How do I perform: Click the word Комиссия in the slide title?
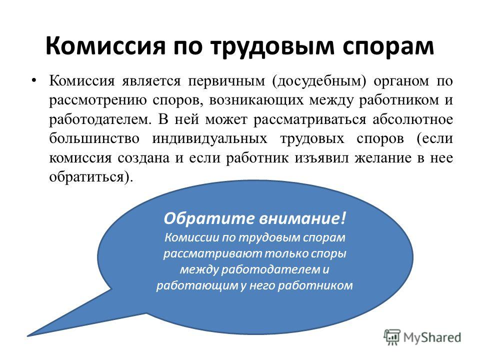pos(105,46)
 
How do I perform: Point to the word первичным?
pos(226,81)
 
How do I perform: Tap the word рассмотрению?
pos(98,101)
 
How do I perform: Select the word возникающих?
pos(256,101)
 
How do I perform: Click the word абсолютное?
pos(412,119)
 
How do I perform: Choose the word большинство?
pos(94,138)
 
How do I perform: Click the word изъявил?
pos(321,158)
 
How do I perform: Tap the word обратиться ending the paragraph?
pos(87,177)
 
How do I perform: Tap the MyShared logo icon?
pos(391,337)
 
